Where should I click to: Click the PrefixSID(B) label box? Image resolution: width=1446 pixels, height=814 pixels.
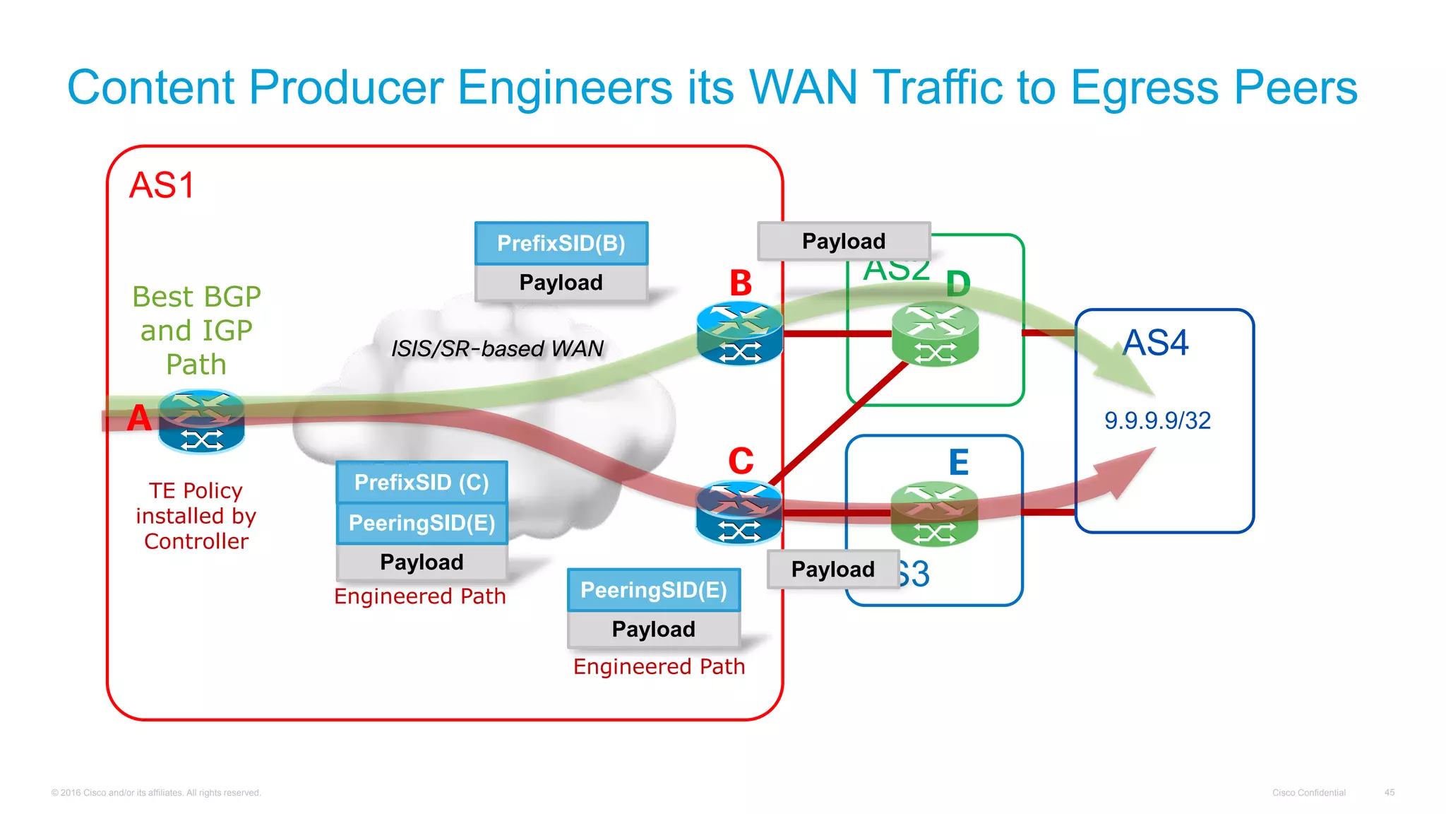point(561,243)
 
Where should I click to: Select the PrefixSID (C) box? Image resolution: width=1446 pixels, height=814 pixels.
point(422,482)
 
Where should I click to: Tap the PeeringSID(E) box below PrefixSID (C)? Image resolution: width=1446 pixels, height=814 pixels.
point(422,523)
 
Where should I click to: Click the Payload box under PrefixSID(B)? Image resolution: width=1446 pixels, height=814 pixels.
point(561,283)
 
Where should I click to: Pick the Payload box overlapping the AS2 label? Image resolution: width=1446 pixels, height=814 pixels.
point(843,241)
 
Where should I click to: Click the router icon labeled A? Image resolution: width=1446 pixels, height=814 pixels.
point(201,422)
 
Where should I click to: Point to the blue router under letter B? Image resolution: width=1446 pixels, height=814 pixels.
point(739,334)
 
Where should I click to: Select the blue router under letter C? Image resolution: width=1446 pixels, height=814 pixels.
point(739,513)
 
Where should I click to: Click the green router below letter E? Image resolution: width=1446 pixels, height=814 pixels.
point(934,514)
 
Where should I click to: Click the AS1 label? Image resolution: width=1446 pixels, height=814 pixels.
point(162,186)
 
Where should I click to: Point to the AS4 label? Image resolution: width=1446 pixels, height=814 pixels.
point(1156,343)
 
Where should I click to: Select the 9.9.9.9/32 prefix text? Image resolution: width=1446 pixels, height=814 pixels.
point(1157,420)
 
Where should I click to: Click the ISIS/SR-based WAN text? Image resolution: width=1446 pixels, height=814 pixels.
point(497,348)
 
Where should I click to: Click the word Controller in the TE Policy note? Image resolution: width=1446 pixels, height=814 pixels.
point(196,541)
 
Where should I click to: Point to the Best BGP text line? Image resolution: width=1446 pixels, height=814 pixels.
point(196,297)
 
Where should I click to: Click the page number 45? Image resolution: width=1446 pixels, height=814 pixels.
point(1389,793)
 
